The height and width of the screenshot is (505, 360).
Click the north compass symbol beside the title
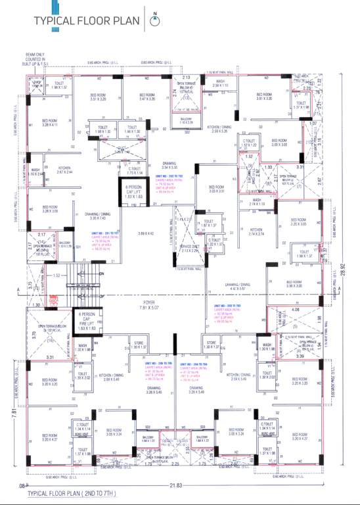click(154, 20)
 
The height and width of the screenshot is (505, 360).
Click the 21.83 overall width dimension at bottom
click(175, 485)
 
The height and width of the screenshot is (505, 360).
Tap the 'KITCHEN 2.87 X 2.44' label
click(64, 170)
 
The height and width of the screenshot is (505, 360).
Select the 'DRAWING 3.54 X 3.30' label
click(169, 165)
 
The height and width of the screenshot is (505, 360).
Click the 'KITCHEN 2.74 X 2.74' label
click(256, 231)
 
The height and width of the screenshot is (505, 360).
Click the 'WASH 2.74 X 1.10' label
click(257, 202)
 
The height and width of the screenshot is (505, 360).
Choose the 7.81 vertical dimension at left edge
click(14, 412)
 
